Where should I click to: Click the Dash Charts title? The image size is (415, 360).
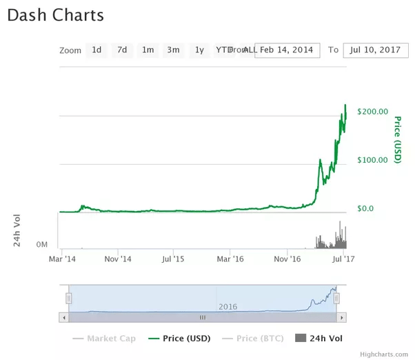[x=56, y=15]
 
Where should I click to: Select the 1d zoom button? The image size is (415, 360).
[x=97, y=50]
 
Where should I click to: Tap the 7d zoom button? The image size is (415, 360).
[x=122, y=50]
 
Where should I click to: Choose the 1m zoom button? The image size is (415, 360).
[x=148, y=50]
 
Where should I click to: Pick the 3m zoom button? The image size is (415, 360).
[x=173, y=50]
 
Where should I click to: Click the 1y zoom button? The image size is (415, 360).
[x=199, y=50]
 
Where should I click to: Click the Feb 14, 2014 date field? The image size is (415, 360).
[x=287, y=50]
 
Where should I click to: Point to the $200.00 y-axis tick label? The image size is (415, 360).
[x=373, y=112]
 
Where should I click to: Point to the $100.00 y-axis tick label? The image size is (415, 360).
[x=373, y=160]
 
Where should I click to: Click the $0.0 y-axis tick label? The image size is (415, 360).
[x=365, y=208]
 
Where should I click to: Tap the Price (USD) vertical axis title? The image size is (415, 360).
[x=397, y=140]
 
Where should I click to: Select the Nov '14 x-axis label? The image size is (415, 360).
[x=118, y=259]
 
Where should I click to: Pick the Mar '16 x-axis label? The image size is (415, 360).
[x=230, y=259]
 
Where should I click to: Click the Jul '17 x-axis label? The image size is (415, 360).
[x=343, y=259]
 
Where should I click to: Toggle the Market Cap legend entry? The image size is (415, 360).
[x=104, y=339]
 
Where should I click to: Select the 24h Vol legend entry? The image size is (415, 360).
[x=318, y=339]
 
